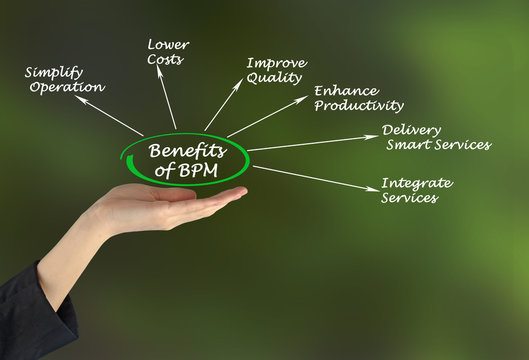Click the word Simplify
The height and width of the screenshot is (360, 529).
point(54,72)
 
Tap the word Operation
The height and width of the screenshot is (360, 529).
point(67,87)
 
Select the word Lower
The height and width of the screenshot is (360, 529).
point(168,45)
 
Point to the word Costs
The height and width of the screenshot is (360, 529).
point(166,60)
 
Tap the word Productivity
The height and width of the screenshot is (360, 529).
point(358,105)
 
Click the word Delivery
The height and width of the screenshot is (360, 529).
point(413,130)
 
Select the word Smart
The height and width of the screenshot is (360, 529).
point(409,145)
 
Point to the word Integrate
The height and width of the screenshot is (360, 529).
point(416,183)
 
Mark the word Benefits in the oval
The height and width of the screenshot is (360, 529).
point(187,151)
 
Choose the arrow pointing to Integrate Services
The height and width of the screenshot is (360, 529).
point(315,177)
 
